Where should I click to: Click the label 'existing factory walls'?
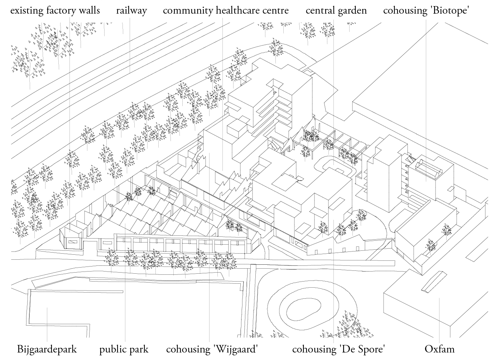(x=55, y=10)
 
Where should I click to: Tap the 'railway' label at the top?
(x=131, y=10)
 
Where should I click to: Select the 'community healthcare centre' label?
(x=226, y=10)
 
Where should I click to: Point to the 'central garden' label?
(x=336, y=10)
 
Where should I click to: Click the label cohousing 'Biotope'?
(x=426, y=10)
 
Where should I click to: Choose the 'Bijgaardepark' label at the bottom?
(x=47, y=349)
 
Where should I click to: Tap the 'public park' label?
(x=124, y=349)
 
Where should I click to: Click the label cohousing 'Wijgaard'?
(x=212, y=349)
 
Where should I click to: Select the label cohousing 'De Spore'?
(x=338, y=349)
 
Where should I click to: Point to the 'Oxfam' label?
(x=439, y=349)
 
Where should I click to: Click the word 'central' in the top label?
(x=320, y=10)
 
